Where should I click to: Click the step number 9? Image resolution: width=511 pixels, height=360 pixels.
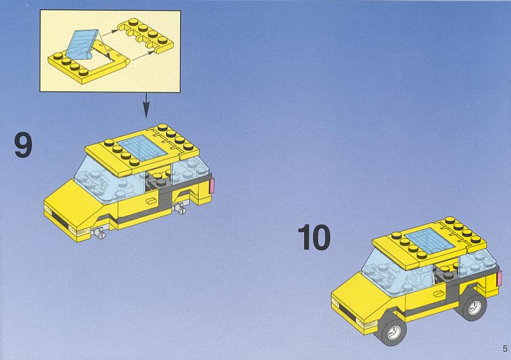coord(24,146)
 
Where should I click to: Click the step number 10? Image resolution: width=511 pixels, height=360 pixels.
coord(314,237)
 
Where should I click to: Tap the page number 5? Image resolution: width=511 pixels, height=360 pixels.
coord(505,349)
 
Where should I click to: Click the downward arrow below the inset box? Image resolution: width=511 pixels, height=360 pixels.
coord(146,105)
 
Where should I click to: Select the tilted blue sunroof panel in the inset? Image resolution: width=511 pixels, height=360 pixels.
coord(82,45)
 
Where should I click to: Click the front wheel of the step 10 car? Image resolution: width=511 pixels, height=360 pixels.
coord(392,331)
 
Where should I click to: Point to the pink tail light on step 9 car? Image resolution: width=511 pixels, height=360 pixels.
coord(213,185)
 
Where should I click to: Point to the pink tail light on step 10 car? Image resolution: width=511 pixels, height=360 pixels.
coord(499,279)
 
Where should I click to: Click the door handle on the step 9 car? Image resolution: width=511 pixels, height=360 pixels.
coord(151,200)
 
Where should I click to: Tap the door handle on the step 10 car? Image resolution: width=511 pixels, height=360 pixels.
coord(438,294)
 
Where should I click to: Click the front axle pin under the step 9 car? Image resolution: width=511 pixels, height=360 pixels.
coord(98,232)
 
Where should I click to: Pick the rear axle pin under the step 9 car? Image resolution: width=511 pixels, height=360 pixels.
coord(179,208)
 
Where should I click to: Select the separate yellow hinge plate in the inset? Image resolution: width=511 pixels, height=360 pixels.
coord(146,35)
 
